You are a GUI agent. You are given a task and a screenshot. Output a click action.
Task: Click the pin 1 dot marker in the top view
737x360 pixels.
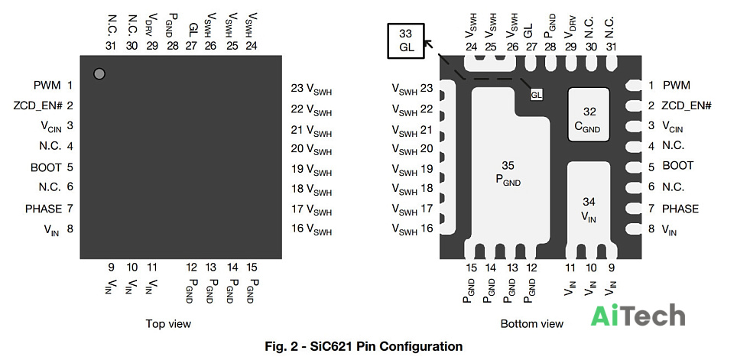pyautogui.click(x=99, y=74)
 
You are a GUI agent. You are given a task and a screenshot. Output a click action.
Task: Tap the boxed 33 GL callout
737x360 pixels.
pyautogui.click(x=405, y=41)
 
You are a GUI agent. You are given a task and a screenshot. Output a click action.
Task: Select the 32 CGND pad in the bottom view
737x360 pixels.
pyautogui.click(x=589, y=115)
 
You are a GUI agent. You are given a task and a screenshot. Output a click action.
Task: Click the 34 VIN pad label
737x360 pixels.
pyautogui.click(x=589, y=209)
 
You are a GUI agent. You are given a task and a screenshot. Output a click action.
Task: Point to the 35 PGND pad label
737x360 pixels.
pyautogui.click(x=508, y=173)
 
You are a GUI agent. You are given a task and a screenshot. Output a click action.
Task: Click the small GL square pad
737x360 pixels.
pyautogui.click(x=536, y=95)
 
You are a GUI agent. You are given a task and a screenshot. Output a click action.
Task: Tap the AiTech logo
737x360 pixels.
pyautogui.click(x=638, y=316)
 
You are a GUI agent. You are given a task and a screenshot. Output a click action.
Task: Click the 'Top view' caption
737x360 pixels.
pyautogui.click(x=168, y=323)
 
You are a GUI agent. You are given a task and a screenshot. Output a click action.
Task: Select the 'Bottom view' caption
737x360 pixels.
pyautogui.click(x=531, y=323)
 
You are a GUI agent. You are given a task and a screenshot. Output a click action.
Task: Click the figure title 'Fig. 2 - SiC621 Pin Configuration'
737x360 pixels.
pyautogui.click(x=364, y=347)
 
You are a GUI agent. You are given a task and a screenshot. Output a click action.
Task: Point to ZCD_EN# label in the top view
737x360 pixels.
pyautogui.click(x=38, y=105)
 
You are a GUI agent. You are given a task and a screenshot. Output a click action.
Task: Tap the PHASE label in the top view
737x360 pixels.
pyautogui.click(x=44, y=208)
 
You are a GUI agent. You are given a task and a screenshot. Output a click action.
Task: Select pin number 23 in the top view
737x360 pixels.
pyautogui.click(x=297, y=89)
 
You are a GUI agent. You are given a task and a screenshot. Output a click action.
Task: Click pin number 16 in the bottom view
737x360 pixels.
pyautogui.click(x=427, y=229)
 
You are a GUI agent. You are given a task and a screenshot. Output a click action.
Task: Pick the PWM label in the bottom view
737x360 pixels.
pyautogui.click(x=677, y=86)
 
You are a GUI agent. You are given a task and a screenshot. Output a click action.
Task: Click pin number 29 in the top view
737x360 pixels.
pyautogui.click(x=151, y=46)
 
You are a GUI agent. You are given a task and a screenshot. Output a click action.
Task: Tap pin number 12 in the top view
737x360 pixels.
pyautogui.click(x=191, y=268)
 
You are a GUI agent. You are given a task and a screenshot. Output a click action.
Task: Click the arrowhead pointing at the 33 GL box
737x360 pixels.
pyautogui.click(x=427, y=44)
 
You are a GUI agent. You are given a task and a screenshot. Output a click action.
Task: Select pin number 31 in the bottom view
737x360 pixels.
pyautogui.click(x=611, y=47)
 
